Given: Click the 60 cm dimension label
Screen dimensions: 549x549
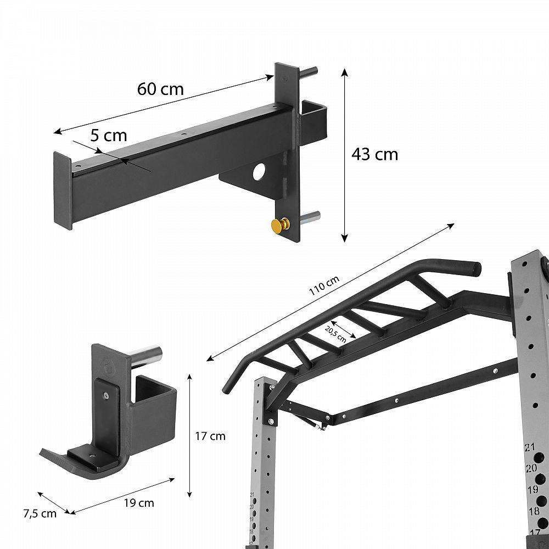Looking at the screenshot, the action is tap(160, 89).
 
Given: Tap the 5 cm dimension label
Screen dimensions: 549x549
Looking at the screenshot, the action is tap(109, 136).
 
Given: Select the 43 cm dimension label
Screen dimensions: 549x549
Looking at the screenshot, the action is tap(374, 154).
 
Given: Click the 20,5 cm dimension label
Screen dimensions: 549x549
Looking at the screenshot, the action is tap(335, 334).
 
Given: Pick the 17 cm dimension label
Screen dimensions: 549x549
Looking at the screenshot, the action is tap(210, 436).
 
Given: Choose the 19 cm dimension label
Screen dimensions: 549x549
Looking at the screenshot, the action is tap(139, 503).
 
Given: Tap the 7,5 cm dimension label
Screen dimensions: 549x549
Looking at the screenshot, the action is tap(40, 514).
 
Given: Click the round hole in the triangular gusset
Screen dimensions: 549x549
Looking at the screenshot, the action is tap(260, 171).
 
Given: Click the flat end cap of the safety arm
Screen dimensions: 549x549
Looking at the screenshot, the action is tap(63, 191).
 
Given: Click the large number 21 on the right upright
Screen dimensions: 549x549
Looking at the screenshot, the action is tap(530, 447).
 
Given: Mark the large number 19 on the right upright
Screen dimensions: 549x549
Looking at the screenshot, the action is tap(533, 489).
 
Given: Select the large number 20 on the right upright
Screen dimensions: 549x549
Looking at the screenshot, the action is tap(531, 468).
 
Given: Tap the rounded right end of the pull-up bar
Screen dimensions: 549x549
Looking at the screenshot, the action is tap(475, 267).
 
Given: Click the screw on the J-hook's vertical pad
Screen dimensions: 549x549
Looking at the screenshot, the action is tap(106, 395).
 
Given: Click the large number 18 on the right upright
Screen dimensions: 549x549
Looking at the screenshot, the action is tap(534, 512).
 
